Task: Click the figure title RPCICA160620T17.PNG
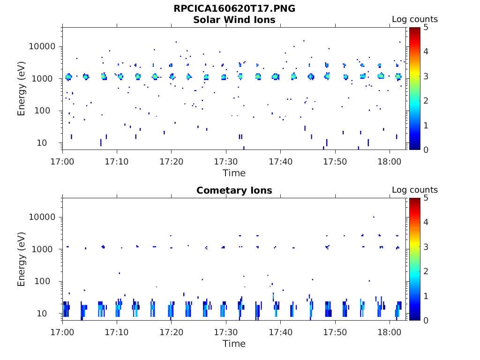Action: pyautogui.click(x=234, y=8)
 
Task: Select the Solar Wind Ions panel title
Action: pyautogui.click(x=234, y=20)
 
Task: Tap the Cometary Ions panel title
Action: pyautogui.click(x=234, y=190)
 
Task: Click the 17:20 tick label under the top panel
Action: pyautogui.click(x=172, y=161)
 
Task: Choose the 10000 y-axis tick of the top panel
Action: pyautogui.click(x=43, y=46)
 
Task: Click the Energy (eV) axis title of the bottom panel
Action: pyautogui.click(x=22, y=259)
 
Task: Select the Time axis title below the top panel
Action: pyautogui.click(x=234, y=173)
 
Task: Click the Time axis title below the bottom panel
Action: pyautogui.click(x=234, y=344)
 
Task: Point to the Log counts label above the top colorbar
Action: pyautogui.click(x=414, y=20)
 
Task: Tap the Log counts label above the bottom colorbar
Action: pyautogui.click(x=414, y=190)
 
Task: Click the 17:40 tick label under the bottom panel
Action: pyautogui.click(x=281, y=332)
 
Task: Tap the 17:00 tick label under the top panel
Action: pyautogui.click(x=62, y=161)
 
